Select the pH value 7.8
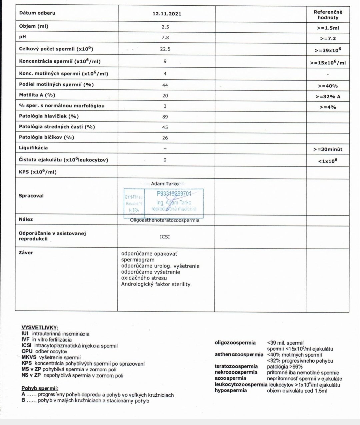coord(165,38)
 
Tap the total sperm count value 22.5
coord(165,49)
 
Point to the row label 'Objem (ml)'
coord(34,26)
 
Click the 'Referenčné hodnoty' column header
coord(328,14)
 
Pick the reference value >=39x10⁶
coord(328,50)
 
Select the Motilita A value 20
coord(165,95)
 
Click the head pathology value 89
coord(165,117)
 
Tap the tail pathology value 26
coord(165,138)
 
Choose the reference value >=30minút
coord(328,149)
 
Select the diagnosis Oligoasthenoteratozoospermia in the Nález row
coord(165,221)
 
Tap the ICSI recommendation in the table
coord(165,237)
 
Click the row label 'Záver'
coord(26,253)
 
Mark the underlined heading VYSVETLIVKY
coord(40,328)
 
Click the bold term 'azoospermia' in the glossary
coord(230,378)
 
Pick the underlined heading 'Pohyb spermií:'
coord(40,388)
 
